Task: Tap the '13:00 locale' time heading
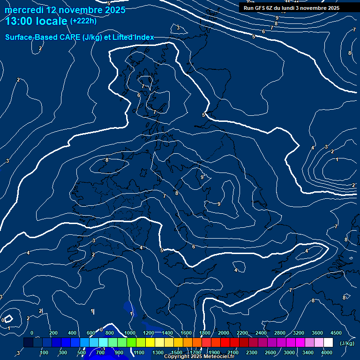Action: [x=36, y=21]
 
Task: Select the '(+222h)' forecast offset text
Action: [x=83, y=21]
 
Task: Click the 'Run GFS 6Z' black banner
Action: [x=291, y=8]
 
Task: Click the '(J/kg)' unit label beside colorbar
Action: [x=346, y=343]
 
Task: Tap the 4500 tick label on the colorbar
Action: [x=336, y=333]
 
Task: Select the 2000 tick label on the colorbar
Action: [x=224, y=333]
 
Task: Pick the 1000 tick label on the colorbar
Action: [x=130, y=333]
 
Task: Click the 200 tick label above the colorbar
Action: [x=53, y=333]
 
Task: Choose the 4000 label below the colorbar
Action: [x=327, y=352]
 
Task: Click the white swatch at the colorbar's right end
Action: [x=328, y=343]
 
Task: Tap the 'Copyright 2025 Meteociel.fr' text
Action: [x=199, y=357]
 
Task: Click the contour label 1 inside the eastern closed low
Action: [x=337, y=160]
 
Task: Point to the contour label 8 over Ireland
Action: [x=106, y=160]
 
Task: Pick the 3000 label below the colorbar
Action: [x=289, y=352]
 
